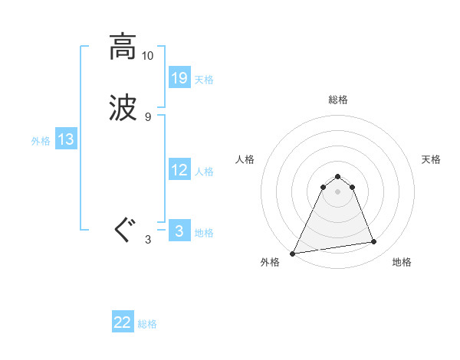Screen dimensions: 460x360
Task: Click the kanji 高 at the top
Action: tap(123, 47)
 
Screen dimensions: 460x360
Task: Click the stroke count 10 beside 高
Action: tap(147, 56)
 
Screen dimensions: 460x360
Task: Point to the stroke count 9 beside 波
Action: tap(147, 116)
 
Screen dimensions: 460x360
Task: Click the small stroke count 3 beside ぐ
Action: tap(147, 240)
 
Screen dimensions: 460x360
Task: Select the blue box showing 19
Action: tap(179, 77)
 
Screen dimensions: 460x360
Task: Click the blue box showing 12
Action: tap(179, 170)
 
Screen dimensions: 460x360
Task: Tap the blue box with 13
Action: tap(66, 139)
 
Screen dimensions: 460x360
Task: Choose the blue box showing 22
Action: tap(123, 322)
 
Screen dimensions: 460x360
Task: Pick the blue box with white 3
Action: tap(179, 231)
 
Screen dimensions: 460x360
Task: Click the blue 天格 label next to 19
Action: tap(204, 80)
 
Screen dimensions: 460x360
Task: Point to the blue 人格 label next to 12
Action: tap(204, 172)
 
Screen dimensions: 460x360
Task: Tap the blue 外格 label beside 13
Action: tap(41, 141)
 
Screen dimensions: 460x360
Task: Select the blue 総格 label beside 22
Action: tap(147, 324)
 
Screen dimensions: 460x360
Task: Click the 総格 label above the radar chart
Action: tap(337, 100)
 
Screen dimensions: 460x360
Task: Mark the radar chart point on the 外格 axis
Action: tap(293, 254)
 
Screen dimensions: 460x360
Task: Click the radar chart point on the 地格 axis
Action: tap(374, 242)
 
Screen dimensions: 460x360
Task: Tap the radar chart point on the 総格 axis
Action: tap(337, 177)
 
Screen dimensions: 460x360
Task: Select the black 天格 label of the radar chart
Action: tap(431, 159)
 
